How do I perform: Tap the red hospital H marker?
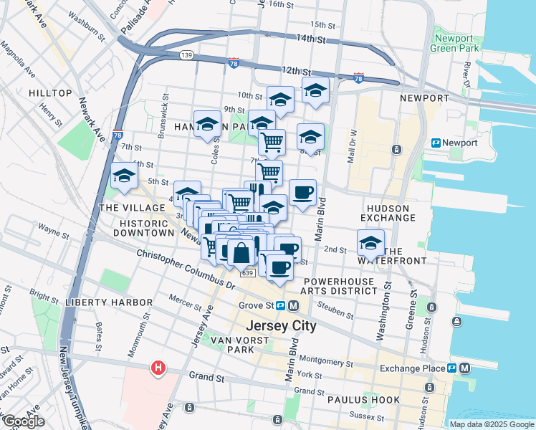point(158,368)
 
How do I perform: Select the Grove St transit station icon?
point(282,305)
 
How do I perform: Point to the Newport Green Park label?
point(453,43)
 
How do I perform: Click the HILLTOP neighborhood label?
point(50,93)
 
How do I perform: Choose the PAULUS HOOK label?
point(358,400)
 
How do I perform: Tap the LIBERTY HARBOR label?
point(99,302)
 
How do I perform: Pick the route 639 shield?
point(247,273)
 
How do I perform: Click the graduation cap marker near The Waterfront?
point(370,242)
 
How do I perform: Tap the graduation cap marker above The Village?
point(124,175)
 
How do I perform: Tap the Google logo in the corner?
point(24,421)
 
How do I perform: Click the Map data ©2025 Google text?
point(491,424)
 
